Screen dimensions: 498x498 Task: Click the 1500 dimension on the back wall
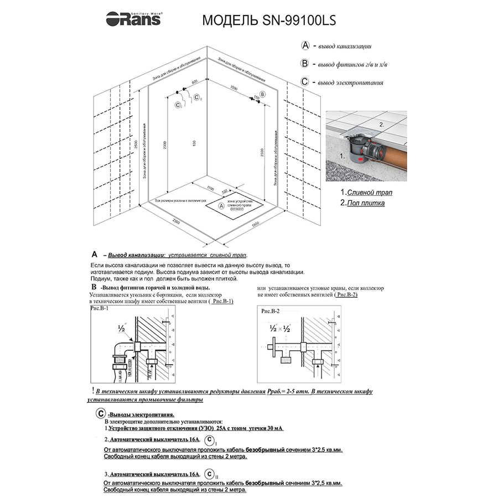[x=234, y=88]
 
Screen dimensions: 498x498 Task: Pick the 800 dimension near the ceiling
[x=194, y=82]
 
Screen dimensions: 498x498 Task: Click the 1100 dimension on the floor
[x=210, y=188]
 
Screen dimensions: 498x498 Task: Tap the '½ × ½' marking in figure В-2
[x=279, y=328]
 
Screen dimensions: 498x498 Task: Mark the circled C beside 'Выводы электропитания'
[x=101, y=414]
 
